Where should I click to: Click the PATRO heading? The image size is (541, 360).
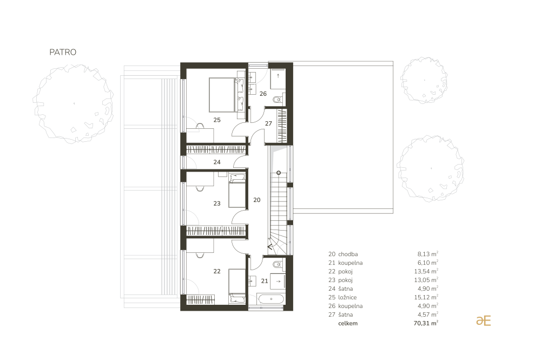pos(63,52)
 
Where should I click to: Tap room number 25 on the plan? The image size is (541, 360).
pos(217,120)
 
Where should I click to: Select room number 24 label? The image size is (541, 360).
pos(217,162)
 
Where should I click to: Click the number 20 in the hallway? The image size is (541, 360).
pos(256,200)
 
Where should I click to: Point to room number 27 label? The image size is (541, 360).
pos(268,123)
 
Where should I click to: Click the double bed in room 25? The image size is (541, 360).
pos(226,95)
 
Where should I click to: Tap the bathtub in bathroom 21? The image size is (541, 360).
pos(271,299)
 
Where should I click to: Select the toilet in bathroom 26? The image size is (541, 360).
pos(278,100)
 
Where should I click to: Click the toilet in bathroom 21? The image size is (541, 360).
pos(278,265)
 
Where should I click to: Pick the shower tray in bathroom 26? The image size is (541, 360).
pos(278,79)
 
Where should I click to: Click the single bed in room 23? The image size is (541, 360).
pos(237,191)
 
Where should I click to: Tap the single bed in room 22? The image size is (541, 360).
pos(237,286)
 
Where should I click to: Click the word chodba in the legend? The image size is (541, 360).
pos(348,254)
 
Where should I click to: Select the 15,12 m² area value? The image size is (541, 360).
pos(426,297)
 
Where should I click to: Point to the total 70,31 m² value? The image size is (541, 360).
pos(426,323)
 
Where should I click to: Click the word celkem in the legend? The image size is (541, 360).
pos(348,323)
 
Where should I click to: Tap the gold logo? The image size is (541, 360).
pos(483,320)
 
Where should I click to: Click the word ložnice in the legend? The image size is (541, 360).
pos(347,297)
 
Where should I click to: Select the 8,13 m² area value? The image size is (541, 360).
pos(428,254)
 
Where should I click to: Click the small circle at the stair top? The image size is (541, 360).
pos(279,173)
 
